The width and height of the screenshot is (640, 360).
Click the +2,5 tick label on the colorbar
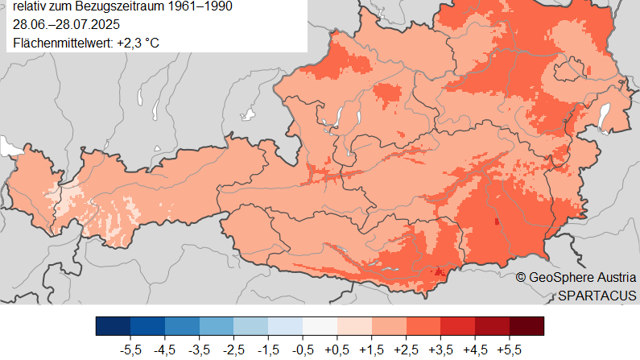pyautogui.click(x=407, y=351)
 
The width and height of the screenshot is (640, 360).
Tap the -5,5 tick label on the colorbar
pyautogui.click(x=130, y=351)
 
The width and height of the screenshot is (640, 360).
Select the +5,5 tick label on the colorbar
pyautogui.click(x=510, y=351)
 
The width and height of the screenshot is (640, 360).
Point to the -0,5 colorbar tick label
pyautogui.click(x=303, y=351)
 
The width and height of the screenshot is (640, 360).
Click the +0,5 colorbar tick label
pyautogui.click(x=337, y=351)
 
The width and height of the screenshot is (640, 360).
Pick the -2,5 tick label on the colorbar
pyautogui.click(x=233, y=351)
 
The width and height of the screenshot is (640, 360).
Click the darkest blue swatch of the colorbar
pyautogui.click(x=113, y=325)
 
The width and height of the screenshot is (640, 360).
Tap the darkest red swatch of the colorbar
pyautogui.click(x=526, y=325)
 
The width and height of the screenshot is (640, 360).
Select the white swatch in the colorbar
pyautogui.click(x=320, y=325)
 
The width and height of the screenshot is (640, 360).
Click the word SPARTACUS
pyautogui.click(x=597, y=295)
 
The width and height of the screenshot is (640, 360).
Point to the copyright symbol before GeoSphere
pyautogui.click(x=522, y=277)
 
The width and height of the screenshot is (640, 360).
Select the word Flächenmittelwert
pyautogui.click(x=62, y=42)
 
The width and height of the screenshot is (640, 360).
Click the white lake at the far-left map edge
pyautogui.click(x=11, y=147)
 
